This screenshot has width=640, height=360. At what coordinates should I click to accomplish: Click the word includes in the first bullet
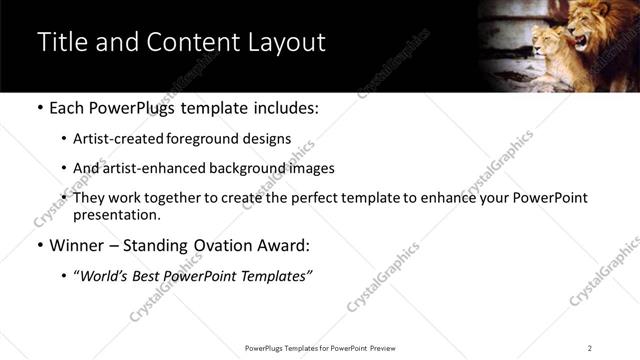pos(285,107)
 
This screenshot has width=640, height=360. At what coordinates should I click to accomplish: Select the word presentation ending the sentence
pos(116,215)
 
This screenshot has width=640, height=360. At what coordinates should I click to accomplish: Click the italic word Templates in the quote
pos(277,276)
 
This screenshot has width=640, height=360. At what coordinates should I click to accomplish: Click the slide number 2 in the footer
pos(589,348)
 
